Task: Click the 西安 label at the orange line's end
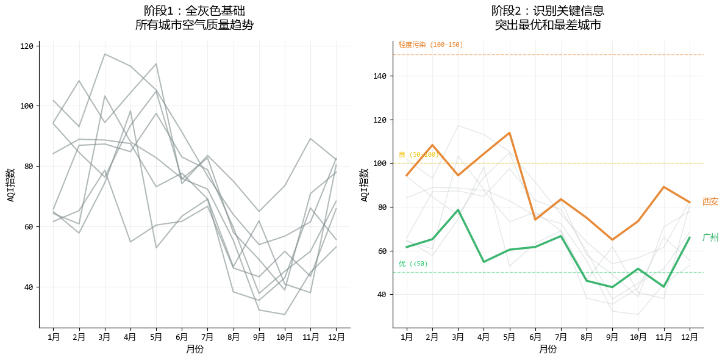coord(710,202)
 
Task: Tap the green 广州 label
coord(710,238)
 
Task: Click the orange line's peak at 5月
coord(509,132)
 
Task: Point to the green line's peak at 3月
coord(458,210)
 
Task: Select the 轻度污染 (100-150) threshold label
coord(430,45)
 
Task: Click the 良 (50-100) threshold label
coord(418,154)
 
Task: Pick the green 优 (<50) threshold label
coord(413,264)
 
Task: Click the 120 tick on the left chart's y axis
coord(28,46)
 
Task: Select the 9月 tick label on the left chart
coord(259,336)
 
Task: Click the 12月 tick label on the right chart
coord(690,336)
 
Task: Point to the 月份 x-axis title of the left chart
coord(195,349)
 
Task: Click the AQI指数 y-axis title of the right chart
coord(365,185)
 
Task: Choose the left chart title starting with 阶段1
coord(195,11)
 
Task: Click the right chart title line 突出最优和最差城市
coord(548,25)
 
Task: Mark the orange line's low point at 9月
coord(612,240)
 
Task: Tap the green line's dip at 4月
coord(484,262)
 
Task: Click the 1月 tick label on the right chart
coord(407,336)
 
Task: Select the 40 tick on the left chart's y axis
coord(28,287)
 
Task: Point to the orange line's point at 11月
coord(664,187)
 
